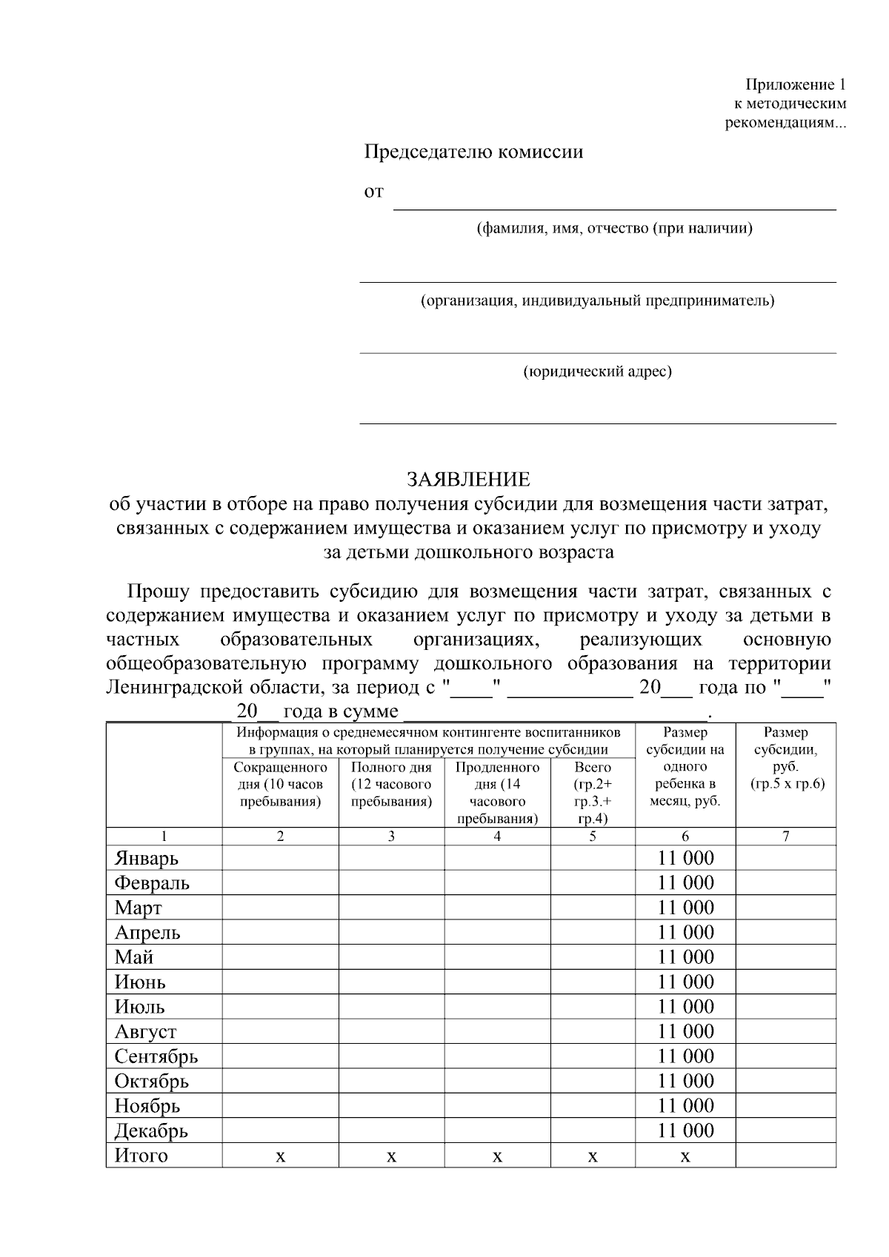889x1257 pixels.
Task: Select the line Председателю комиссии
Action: (x=473, y=152)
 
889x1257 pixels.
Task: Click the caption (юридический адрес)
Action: (x=597, y=372)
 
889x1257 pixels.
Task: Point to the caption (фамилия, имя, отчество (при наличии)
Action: (x=614, y=229)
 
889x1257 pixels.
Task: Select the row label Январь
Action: (x=147, y=859)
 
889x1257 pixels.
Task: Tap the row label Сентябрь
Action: (x=156, y=1056)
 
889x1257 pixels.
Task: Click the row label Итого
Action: (x=141, y=1156)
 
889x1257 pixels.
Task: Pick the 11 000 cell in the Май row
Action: (x=685, y=957)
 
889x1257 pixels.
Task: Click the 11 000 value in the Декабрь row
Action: (x=685, y=1130)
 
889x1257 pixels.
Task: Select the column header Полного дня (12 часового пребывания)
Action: (x=391, y=785)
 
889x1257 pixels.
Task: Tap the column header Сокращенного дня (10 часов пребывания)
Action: (x=280, y=785)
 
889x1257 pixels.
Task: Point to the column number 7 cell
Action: (x=786, y=837)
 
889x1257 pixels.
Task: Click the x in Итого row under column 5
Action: (x=593, y=1156)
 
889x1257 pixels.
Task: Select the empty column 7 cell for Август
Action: (x=786, y=1031)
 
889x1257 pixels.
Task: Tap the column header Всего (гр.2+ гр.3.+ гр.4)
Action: (x=593, y=793)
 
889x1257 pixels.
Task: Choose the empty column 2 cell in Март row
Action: (x=280, y=908)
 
